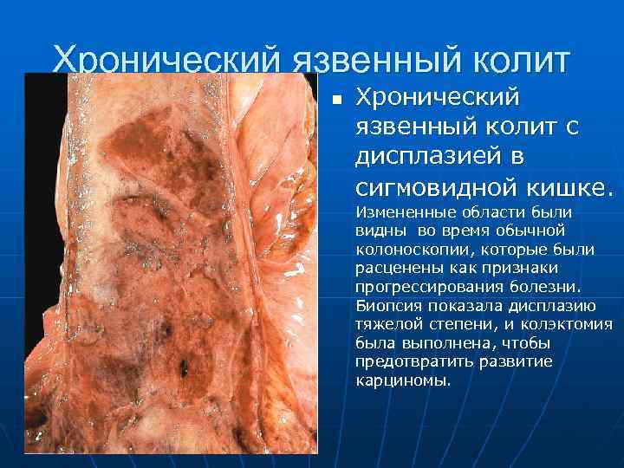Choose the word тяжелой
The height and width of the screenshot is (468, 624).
click(x=389, y=324)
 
